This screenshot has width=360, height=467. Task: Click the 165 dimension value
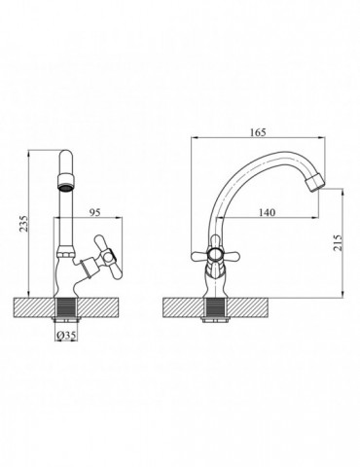pyautogui.click(x=258, y=132)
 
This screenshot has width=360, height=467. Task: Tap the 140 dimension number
pyautogui.click(x=268, y=212)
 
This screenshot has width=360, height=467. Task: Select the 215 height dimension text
pyautogui.click(x=338, y=242)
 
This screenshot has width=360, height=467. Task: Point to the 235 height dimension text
pyautogui.click(x=23, y=224)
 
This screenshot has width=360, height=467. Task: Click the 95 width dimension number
pyautogui.click(x=95, y=212)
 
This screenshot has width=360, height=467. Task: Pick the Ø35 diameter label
pyautogui.click(x=66, y=336)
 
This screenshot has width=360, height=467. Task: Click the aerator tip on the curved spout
pyautogui.click(x=315, y=182)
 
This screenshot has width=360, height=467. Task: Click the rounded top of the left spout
pyautogui.click(x=66, y=155)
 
